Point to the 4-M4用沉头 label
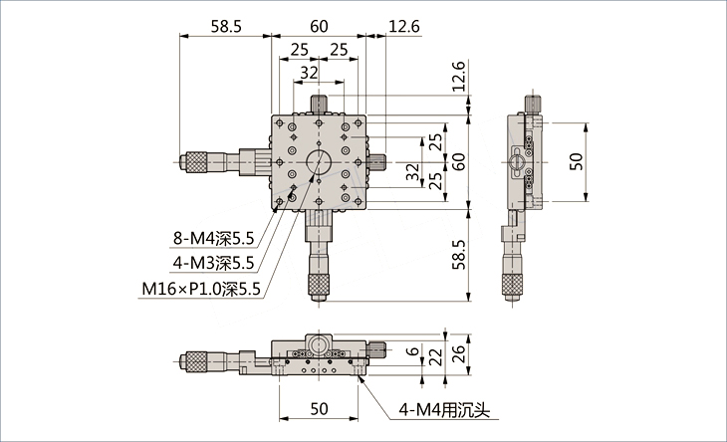[x=444, y=410]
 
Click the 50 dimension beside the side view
[x=577, y=161]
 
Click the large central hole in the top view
[x=319, y=161]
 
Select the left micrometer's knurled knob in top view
[x=200, y=161]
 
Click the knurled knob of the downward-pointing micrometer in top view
[x=319, y=287]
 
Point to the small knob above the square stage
[x=319, y=104]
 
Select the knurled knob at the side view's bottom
[x=511, y=287]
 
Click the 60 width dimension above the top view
[x=319, y=27]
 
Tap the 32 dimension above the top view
[x=309, y=73]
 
